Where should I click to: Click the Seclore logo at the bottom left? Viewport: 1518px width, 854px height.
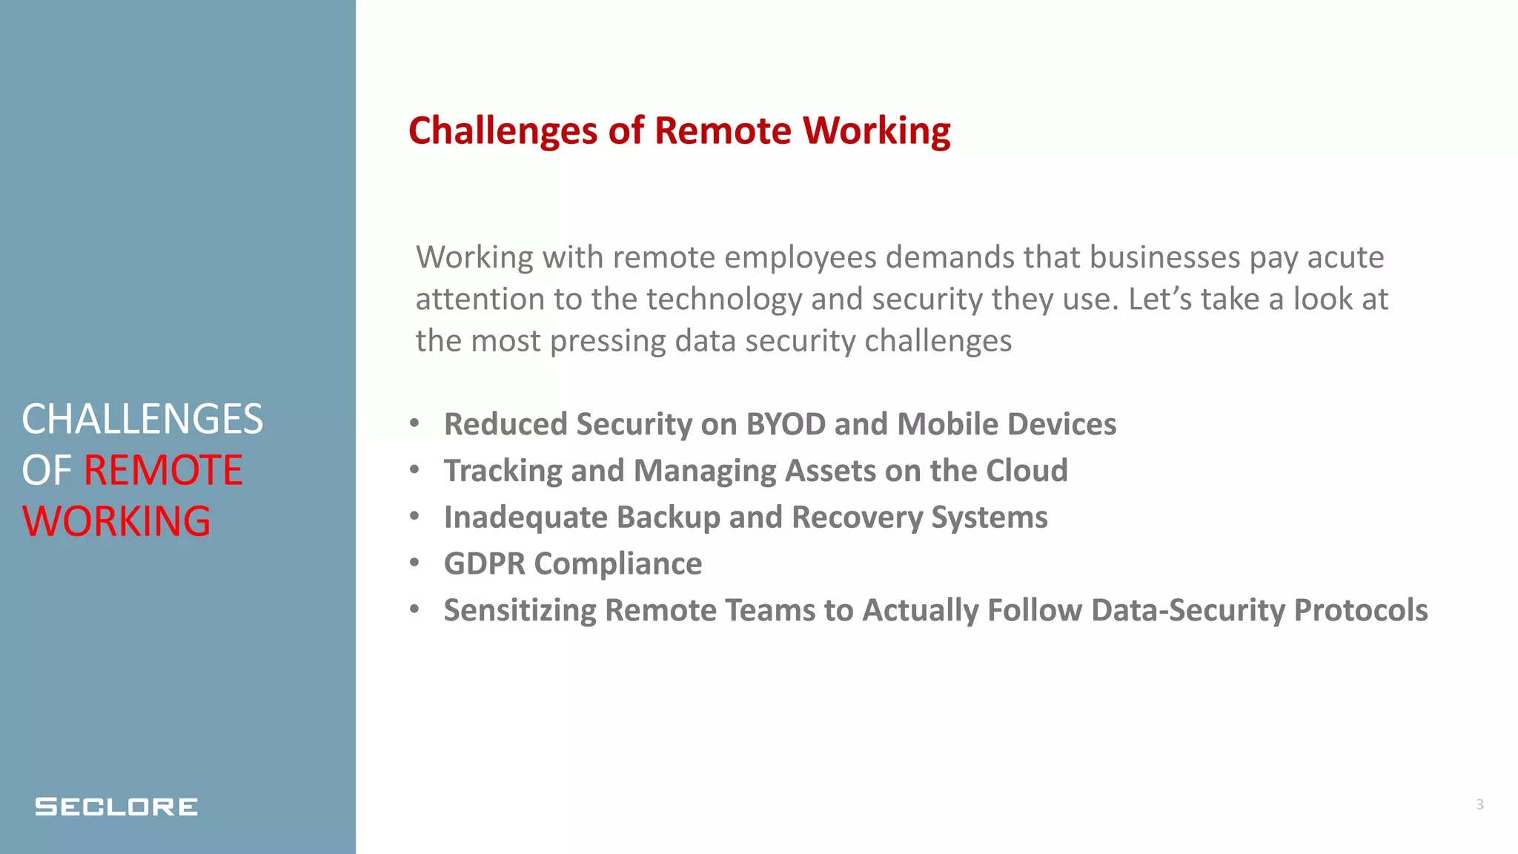click(x=116, y=807)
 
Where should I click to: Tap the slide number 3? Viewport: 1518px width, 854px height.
click(x=1479, y=804)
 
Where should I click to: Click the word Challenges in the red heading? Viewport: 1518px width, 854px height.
click(x=503, y=131)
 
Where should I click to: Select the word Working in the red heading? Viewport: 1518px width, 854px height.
click(x=877, y=131)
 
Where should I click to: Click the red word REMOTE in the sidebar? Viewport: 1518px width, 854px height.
click(x=163, y=470)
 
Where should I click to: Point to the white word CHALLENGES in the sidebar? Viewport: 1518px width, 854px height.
click(x=142, y=419)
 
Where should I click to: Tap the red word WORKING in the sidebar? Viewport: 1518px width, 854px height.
click(x=116, y=521)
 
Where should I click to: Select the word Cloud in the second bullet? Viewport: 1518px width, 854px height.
click(x=1027, y=471)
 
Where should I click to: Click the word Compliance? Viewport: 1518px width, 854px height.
click(x=618, y=564)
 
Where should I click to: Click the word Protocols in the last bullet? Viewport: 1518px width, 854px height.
click(x=1360, y=610)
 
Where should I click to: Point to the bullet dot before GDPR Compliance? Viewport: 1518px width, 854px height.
click(x=414, y=563)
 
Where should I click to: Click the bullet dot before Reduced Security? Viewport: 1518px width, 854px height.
click(x=414, y=423)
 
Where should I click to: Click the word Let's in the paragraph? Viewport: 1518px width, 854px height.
click(x=1160, y=299)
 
